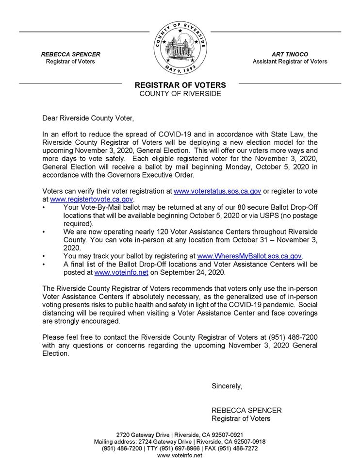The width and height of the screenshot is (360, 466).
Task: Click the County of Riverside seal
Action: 180,48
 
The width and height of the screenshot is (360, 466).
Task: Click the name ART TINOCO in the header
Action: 290,54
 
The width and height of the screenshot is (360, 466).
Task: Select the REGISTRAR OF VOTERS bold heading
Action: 180,85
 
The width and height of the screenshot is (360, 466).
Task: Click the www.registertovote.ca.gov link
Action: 91,199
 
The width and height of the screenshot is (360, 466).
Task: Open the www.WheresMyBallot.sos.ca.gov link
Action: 249,256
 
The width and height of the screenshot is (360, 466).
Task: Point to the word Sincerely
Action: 227,386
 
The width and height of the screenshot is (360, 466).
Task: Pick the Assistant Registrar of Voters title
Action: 290,62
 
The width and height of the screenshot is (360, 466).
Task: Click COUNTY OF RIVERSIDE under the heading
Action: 180,94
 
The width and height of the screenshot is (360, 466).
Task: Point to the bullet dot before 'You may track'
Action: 44,256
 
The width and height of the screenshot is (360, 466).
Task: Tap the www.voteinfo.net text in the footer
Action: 180,456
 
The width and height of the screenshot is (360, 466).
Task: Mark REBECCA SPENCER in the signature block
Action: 246,410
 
